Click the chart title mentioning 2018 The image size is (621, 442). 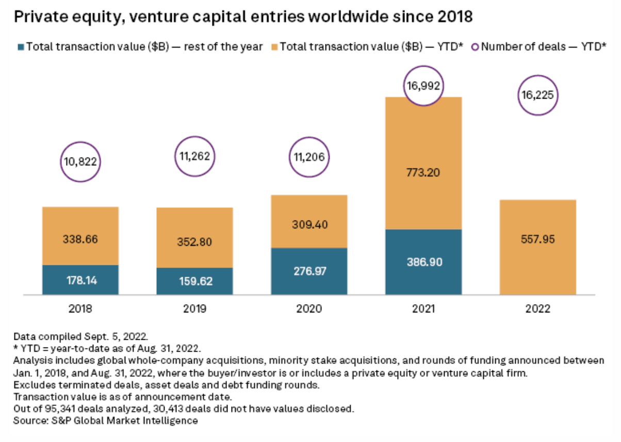pos(243,18)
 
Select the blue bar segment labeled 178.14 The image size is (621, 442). pos(80,280)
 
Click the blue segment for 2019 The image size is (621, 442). pos(194,281)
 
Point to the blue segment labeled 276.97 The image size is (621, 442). pos(309,271)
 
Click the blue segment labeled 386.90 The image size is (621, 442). pos(423,262)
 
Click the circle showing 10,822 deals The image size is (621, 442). pos(80,162)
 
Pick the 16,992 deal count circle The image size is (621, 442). pos(423,86)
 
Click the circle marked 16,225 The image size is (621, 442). pos(538,96)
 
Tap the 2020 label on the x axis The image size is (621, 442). pos(309,309)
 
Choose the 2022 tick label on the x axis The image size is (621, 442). pos(538,309)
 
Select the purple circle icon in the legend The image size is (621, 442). pos(475,46)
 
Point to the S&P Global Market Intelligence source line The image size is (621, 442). pos(106,420)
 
